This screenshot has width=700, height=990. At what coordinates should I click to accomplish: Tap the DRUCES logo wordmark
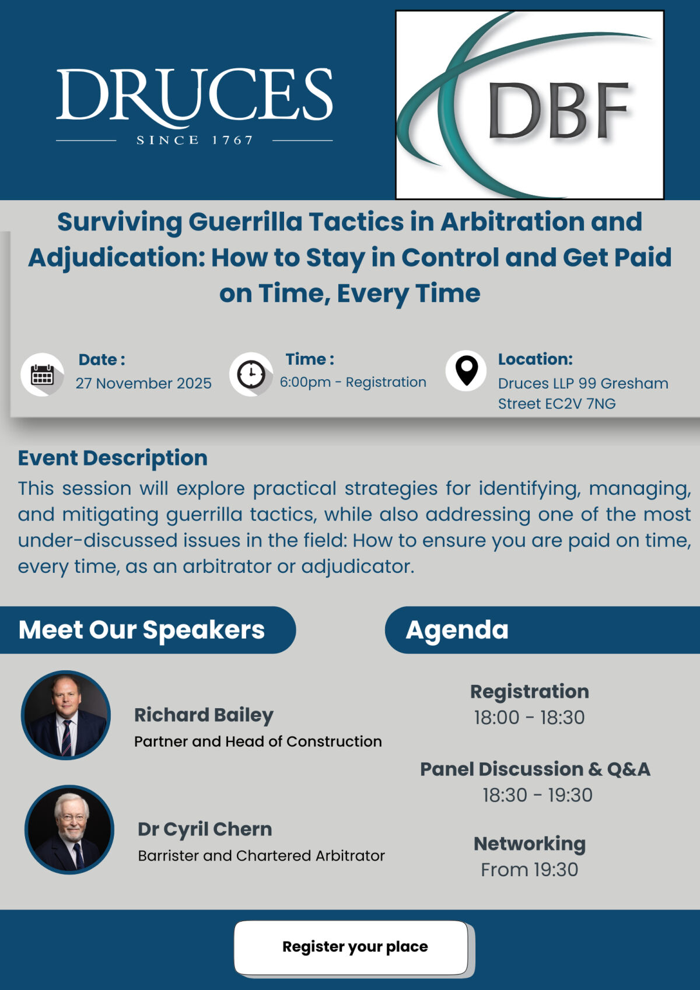[194, 95]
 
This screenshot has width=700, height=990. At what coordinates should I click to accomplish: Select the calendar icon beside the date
[42, 375]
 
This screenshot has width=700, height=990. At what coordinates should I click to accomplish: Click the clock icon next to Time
[251, 375]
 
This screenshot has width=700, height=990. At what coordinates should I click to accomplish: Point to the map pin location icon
[466, 370]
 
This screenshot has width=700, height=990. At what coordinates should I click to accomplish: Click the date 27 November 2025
[143, 383]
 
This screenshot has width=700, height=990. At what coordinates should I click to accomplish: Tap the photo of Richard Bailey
[66, 715]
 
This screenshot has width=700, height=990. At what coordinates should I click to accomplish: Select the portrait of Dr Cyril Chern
[69, 829]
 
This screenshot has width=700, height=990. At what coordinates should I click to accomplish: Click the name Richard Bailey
[204, 715]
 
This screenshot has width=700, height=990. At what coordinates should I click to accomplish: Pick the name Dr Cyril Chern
[205, 829]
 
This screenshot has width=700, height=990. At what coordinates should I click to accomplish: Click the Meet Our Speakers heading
[142, 630]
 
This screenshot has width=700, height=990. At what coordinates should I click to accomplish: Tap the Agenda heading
[457, 630]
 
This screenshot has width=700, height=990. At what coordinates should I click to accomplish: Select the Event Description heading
[113, 458]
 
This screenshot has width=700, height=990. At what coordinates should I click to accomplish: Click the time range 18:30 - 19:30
[537, 795]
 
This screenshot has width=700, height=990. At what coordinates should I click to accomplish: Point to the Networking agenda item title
[530, 844]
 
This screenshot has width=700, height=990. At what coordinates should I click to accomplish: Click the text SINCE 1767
[194, 140]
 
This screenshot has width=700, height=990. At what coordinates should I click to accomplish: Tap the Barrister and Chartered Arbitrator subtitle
[261, 856]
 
